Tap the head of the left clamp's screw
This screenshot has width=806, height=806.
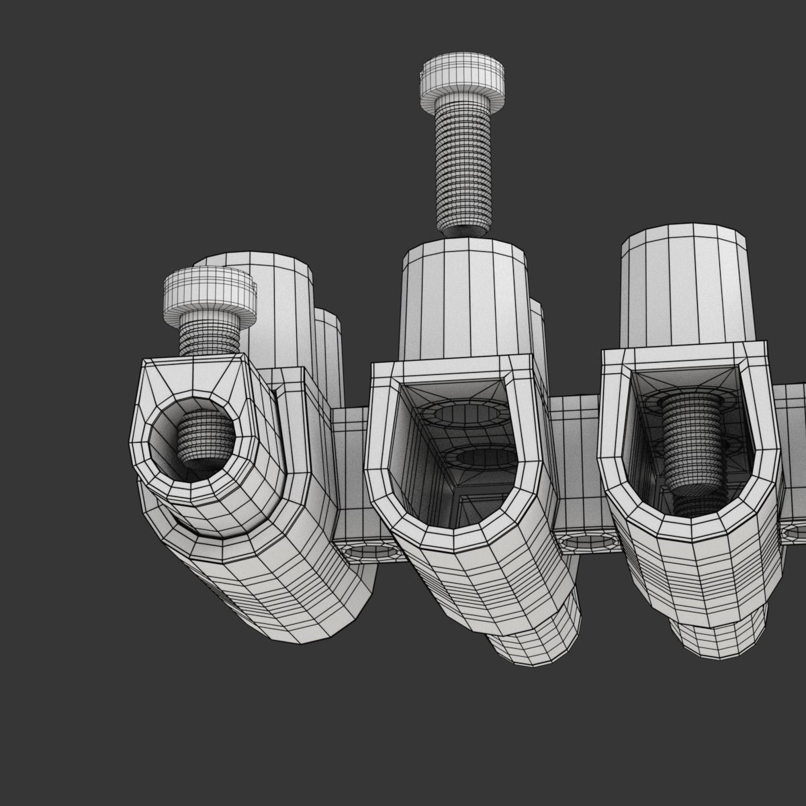tap(209, 292)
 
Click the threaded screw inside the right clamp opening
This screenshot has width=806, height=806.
tap(692, 443)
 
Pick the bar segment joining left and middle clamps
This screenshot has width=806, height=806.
tap(349, 470)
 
